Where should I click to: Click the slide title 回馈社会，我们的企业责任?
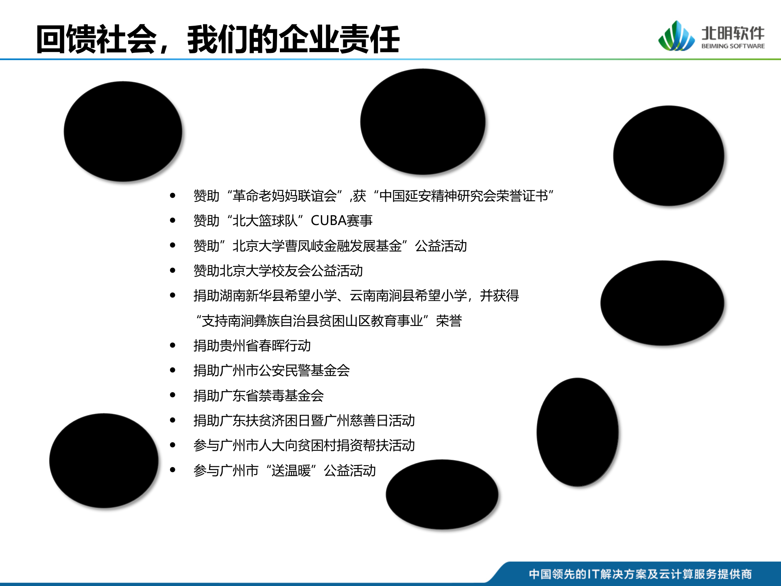[218, 39]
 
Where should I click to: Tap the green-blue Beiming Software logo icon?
[676, 37]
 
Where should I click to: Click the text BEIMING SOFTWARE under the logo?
[733, 46]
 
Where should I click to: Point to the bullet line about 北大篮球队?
[283, 221]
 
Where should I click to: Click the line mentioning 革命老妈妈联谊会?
[373, 196]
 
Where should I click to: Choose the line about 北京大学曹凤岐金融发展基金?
[330, 246]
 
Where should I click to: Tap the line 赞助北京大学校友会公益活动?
[278, 271]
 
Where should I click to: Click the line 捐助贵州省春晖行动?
[252, 345]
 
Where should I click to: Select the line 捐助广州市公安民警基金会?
[271, 370]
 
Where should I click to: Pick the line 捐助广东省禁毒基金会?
[258, 396]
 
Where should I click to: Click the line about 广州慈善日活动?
[304, 420]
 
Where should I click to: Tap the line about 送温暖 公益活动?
[284, 470]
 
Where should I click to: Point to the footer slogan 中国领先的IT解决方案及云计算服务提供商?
[640, 574]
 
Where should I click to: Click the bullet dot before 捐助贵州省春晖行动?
[172, 345]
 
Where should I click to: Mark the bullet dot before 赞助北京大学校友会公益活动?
[172, 271]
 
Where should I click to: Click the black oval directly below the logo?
[668, 155]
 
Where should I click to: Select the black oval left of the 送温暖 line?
[104, 460]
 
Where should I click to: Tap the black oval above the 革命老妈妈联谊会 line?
[423, 121]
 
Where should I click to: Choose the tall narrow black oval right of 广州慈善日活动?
[577, 432]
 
